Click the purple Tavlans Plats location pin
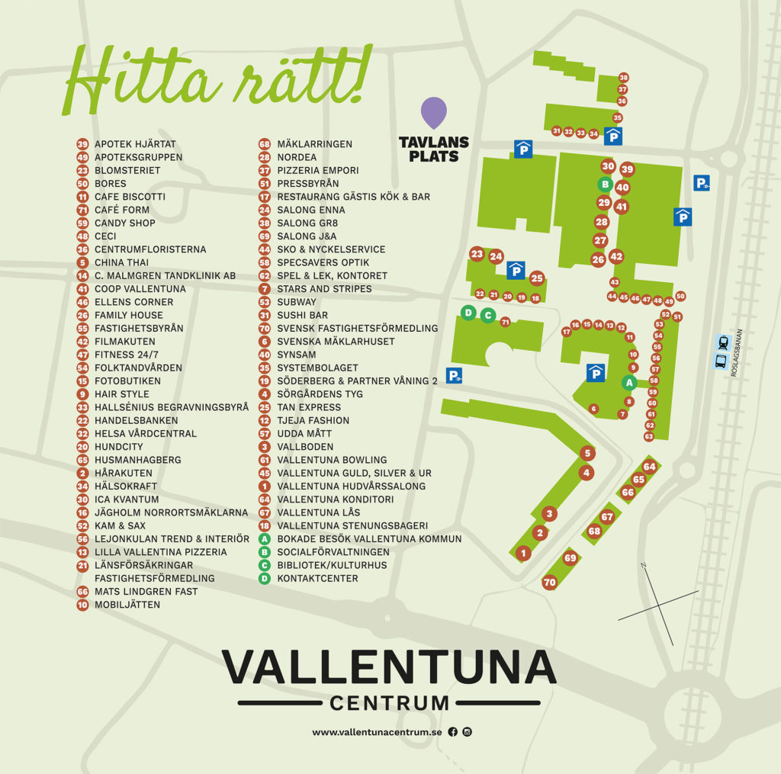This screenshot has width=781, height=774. (434, 112)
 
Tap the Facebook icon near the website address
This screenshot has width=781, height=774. (453, 732)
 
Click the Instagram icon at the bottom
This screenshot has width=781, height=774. (468, 732)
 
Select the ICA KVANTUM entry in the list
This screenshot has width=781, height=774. (127, 499)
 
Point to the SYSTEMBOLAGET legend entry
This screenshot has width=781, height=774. (317, 368)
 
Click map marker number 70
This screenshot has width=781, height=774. (549, 583)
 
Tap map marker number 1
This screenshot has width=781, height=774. (522, 553)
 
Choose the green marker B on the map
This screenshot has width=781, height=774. (604, 184)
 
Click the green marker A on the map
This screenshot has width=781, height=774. (629, 383)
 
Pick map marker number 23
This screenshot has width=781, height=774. (477, 254)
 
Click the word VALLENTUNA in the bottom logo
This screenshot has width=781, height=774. (389, 666)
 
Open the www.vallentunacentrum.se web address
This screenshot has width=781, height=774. (377, 732)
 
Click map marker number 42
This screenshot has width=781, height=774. (616, 256)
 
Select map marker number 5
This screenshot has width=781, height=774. (587, 453)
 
